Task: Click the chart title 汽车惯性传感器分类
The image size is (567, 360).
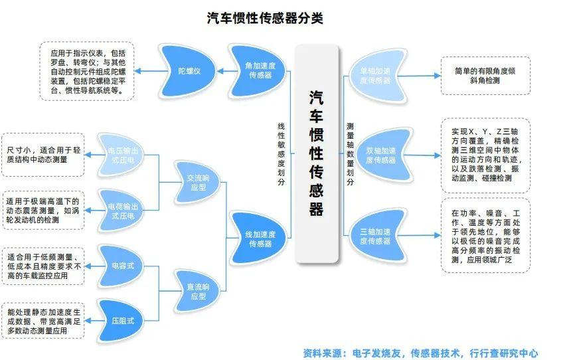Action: coord(265,18)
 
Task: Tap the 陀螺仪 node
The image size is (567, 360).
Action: coord(189,70)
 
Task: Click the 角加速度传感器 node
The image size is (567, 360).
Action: coord(260,70)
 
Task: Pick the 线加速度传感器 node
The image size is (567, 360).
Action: coord(260,238)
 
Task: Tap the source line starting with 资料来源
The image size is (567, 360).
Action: coord(420,353)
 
